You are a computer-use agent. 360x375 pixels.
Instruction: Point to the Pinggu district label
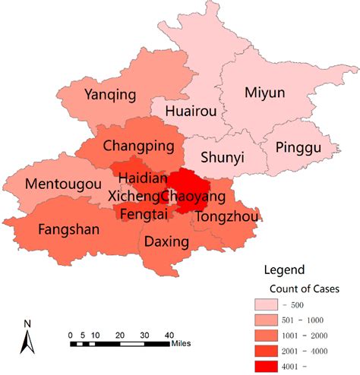coord(298,146)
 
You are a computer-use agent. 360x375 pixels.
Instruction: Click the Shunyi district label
coord(223,157)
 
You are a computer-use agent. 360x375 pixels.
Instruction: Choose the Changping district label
coord(139,145)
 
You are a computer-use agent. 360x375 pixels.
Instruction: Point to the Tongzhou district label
coord(227,217)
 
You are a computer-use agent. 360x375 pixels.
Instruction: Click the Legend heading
coord(284,269)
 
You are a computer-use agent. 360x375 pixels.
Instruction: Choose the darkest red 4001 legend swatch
coord(268,367)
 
